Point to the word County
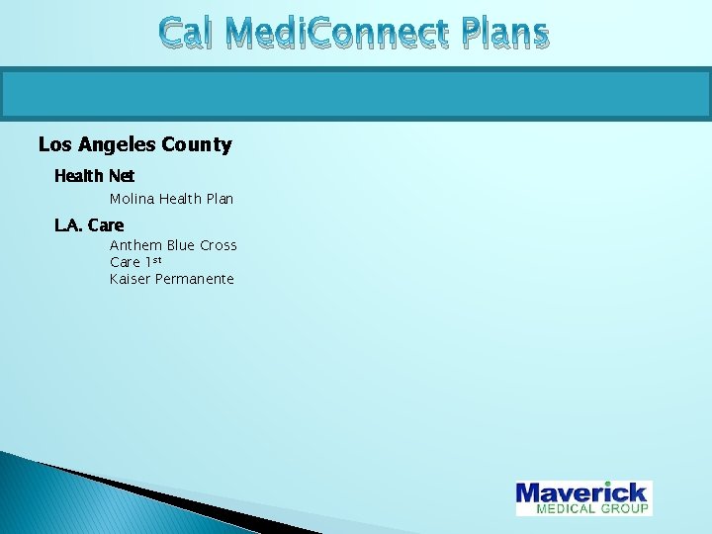point(198,145)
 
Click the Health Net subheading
point(94,176)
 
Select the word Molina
point(132,199)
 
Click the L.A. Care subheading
point(89,225)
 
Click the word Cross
point(219,245)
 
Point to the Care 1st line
point(134,262)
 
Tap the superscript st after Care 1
point(155,259)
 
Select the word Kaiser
point(130,279)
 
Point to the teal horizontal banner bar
point(356,95)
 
